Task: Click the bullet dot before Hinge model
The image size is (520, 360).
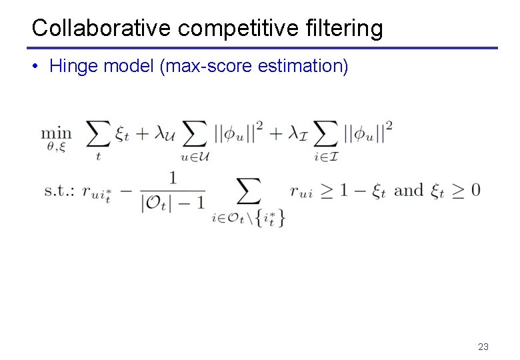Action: pos(37,67)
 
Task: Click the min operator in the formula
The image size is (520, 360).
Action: pos(56,134)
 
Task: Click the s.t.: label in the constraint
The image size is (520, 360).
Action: pos(59,190)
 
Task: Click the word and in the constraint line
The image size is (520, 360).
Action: pos(408,190)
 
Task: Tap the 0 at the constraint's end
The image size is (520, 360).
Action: pos(474,190)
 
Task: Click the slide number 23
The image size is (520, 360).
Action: pos(483,347)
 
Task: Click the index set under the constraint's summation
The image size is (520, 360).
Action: pos(247,217)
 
